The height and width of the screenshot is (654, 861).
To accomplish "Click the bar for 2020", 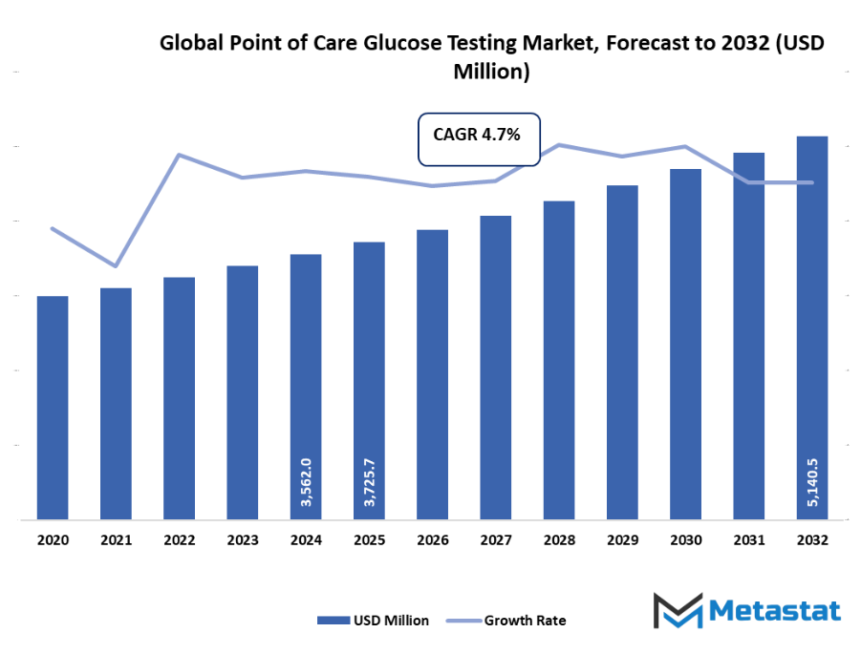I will pyautogui.click(x=53, y=408).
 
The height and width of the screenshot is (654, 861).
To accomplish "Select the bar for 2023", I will pyautogui.click(x=243, y=392).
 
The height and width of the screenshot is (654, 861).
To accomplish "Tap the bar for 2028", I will pyautogui.click(x=559, y=360).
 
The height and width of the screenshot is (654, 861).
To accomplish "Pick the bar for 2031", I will pyautogui.click(x=749, y=336).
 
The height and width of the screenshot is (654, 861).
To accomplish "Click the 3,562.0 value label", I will pyautogui.click(x=306, y=482).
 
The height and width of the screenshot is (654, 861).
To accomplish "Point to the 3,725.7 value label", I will pyautogui.click(x=369, y=482).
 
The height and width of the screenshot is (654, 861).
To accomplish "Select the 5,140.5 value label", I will pyautogui.click(x=812, y=482).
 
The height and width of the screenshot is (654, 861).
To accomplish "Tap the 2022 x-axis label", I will pyautogui.click(x=180, y=540).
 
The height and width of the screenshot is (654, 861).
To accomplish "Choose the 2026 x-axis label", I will pyautogui.click(x=433, y=540).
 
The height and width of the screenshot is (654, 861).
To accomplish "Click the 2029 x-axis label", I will pyautogui.click(x=622, y=540).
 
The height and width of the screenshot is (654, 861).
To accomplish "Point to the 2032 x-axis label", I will pyautogui.click(x=812, y=540).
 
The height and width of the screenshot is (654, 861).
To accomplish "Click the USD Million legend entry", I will pyautogui.click(x=374, y=621).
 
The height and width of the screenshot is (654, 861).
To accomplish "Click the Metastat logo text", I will pyautogui.click(x=775, y=611).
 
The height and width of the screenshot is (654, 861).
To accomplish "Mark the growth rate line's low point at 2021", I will pyautogui.click(x=116, y=265).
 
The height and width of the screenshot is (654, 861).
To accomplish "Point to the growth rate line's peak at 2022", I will pyautogui.click(x=180, y=155).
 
